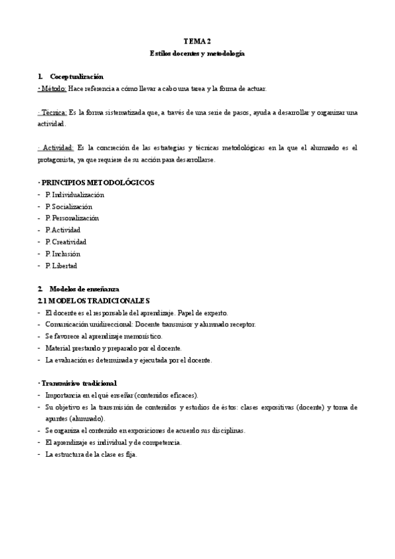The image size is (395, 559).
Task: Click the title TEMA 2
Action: coord(197,41)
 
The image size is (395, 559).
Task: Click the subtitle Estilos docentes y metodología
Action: coord(197,53)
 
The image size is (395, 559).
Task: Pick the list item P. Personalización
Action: coord(72,218)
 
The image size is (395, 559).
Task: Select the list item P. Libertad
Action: coord(61,266)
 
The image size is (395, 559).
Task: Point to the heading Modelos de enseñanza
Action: coord(82,289)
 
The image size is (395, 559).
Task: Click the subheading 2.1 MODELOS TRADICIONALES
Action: coord(89,301)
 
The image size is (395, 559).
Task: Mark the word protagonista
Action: coord(57,160)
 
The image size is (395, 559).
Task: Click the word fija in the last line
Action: coord(130,454)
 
